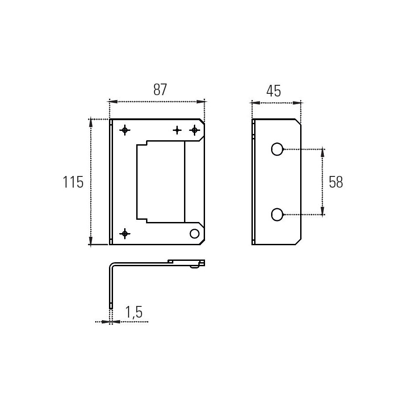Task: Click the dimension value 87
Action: point(160,89)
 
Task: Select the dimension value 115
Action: point(73,182)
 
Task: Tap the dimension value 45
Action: point(273,91)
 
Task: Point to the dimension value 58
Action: point(336,182)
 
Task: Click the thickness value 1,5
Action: point(134,312)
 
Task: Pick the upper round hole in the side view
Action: point(277,149)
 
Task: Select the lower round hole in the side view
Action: point(277,214)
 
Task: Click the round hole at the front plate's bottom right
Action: point(195,234)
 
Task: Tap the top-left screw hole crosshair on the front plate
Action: point(125,130)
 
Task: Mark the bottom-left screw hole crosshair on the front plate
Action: point(125,234)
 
